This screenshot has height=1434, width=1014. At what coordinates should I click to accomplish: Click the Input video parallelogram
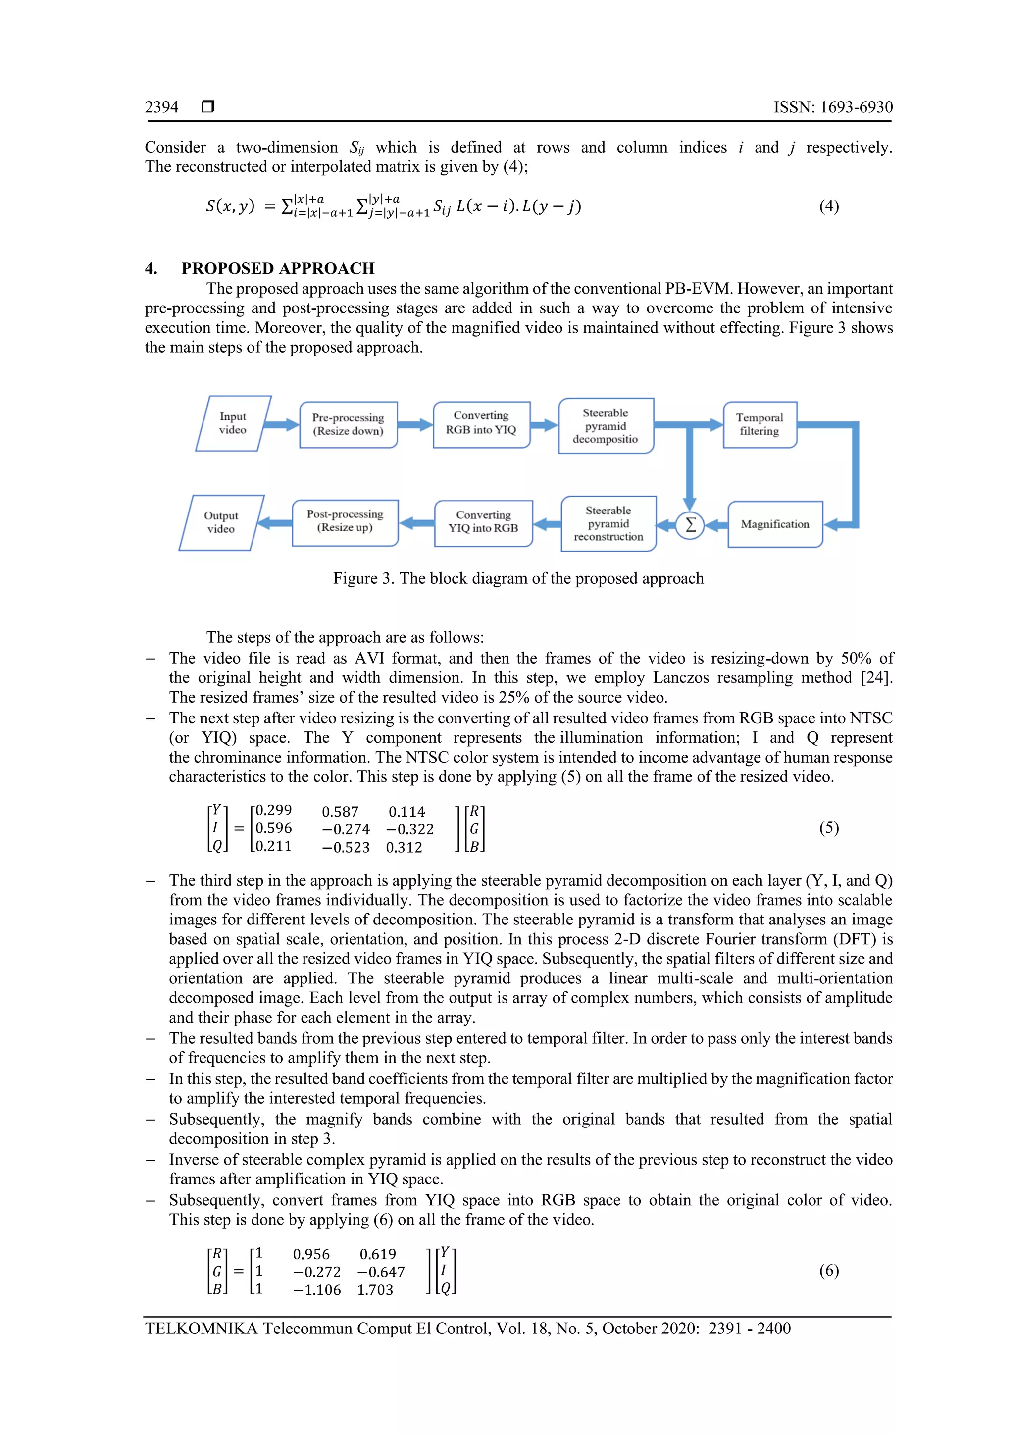coord(233,423)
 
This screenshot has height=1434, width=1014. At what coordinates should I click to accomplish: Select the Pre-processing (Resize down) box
coord(349,425)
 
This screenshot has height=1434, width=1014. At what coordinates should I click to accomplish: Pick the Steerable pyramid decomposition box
coord(606,426)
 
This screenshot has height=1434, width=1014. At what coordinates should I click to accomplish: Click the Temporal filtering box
coord(759,425)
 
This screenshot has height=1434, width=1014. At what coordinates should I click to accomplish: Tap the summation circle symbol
coord(690,525)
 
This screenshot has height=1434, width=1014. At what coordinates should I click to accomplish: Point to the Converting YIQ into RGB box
coord(483,523)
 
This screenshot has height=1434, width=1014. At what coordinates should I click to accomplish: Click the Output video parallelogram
coord(221,523)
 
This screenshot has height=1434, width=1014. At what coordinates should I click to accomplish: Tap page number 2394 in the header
coord(162,107)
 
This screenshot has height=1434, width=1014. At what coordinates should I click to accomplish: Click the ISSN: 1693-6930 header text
coord(832,107)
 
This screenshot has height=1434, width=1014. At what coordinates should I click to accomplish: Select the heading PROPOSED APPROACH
coord(278,268)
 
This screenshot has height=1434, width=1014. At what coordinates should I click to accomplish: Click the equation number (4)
coord(828,206)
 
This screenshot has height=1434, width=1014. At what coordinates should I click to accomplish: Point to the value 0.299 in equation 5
coord(273,811)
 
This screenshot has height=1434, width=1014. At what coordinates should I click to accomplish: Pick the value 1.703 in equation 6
coord(375,1290)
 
